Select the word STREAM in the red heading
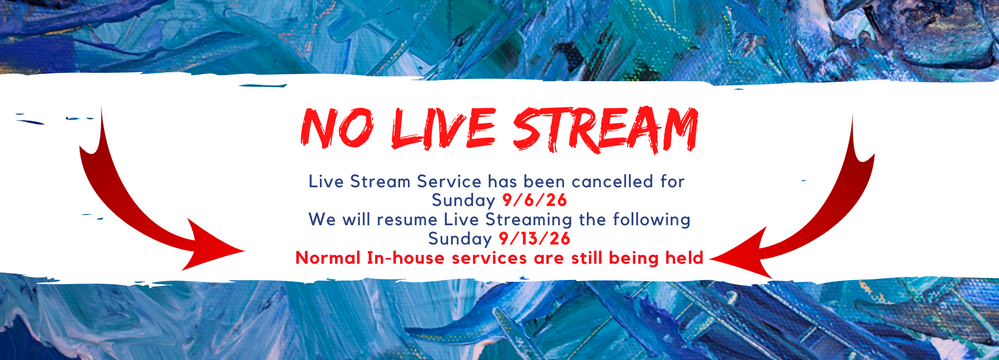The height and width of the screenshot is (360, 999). tap(605, 129)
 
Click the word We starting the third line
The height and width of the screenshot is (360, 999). tap(320, 220)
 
